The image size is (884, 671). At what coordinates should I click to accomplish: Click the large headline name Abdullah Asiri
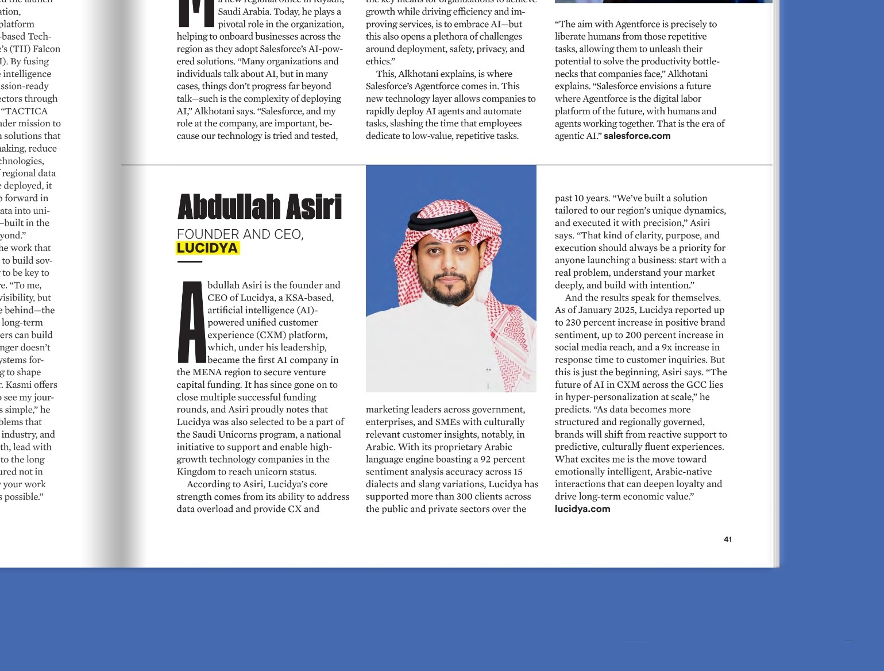click(x=260, y=207)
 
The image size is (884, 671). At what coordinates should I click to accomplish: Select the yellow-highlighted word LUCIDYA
click(x=207, y=248)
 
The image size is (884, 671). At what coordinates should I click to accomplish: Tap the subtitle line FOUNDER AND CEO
click(x=240, y=234)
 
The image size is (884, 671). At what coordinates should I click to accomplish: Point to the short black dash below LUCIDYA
click(x=190, y=262)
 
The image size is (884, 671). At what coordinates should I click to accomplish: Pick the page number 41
click(x=728, y=539)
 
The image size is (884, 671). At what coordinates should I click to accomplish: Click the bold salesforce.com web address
click(x=637, y=136)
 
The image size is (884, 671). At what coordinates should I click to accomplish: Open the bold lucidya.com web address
click(x=582, y=509)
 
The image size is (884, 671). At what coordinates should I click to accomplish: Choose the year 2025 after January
click(x=626, y=310)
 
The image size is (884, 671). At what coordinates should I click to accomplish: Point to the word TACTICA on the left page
click(x=27, y=111)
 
